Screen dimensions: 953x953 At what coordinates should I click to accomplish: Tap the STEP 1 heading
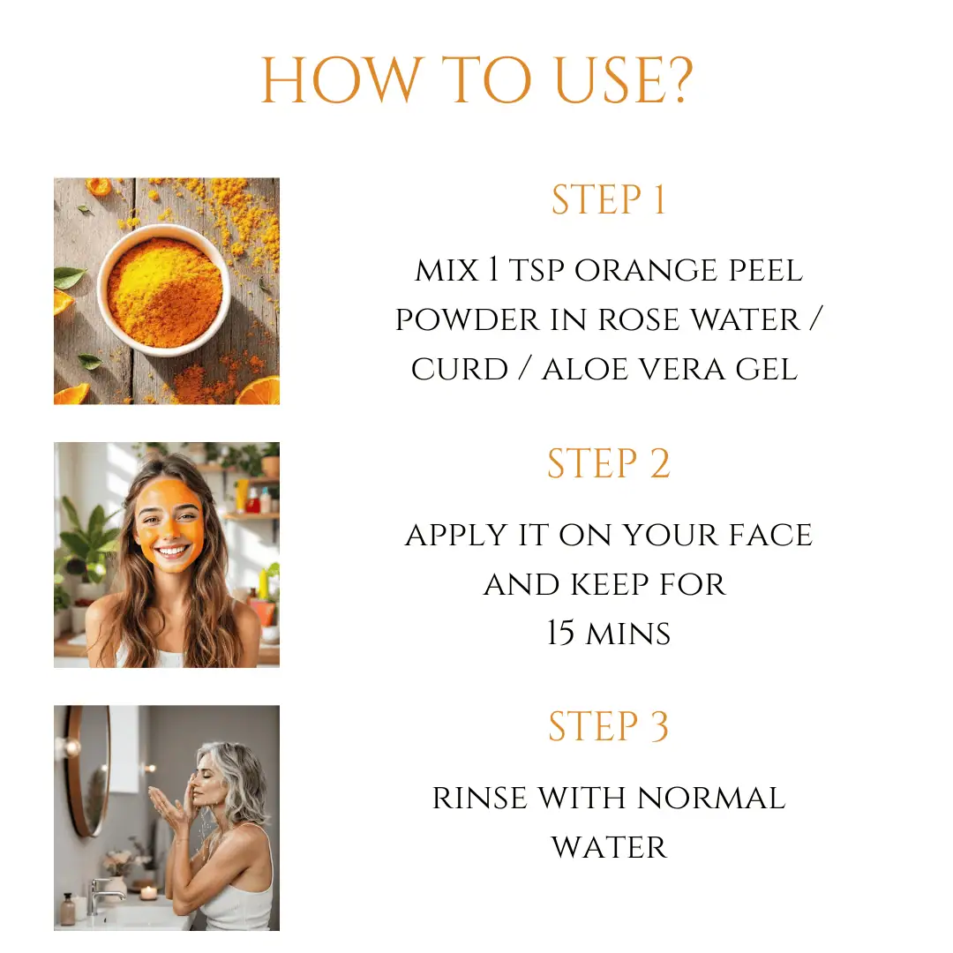[608, 200]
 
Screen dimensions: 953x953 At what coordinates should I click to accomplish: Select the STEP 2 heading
[608, 464]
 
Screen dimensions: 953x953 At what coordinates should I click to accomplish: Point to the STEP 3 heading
[608, 727]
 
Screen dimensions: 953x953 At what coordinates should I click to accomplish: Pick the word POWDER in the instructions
[468, 320]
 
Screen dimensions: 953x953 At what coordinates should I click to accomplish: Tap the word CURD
[460, 370]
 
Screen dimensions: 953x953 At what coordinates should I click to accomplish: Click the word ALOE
[585, 370]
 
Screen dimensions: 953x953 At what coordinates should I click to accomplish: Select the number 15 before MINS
[560, 633]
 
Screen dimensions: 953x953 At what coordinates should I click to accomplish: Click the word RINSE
[479, 799]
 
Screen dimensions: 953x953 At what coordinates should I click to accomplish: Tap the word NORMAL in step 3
[711, 799]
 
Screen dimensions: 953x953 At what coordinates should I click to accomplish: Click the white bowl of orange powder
[164, 290]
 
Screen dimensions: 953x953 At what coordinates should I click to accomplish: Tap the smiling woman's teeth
[173, 552]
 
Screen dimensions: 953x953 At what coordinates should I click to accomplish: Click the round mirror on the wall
[88, 770]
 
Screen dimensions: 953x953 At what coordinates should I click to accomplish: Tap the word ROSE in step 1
[639, 320]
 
